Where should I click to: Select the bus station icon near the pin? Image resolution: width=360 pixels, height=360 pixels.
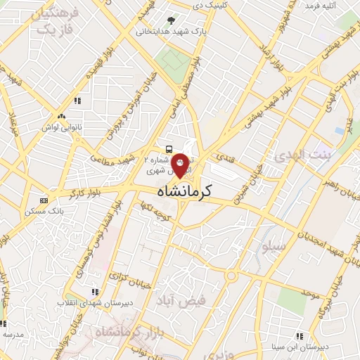pos(169,149)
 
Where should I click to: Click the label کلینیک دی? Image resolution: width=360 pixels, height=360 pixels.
pos(207,6)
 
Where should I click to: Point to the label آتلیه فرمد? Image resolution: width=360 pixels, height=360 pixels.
pos(320,6)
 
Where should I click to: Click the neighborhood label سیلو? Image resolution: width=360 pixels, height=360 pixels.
pos(273,247)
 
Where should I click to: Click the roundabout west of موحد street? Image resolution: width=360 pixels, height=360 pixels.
pos(231,276)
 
